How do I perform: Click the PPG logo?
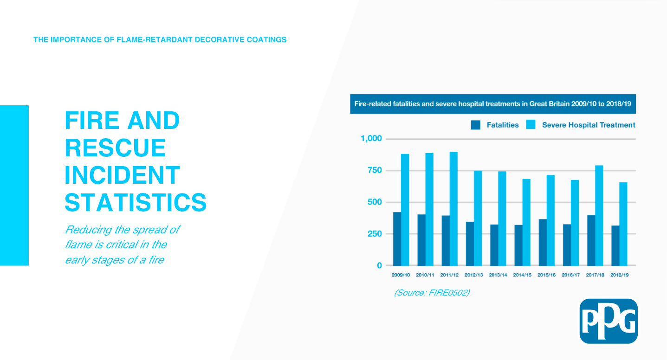[x=609, y=321]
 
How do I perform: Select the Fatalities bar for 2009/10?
[x=397, y=238]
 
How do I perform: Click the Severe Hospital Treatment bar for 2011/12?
[x=453, y=209]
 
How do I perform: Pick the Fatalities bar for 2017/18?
[x=591, y=240]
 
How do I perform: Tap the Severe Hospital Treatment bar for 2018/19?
[x=623, y=224]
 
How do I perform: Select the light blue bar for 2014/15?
[x=526, y=222]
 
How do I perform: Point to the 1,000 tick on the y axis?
[x=371, y=138]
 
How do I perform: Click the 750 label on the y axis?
[x=375, y=170]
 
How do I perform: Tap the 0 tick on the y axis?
[x=379, y=265]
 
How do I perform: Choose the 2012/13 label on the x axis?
[x=473, y=275]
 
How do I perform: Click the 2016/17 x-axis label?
[x=570, y=275]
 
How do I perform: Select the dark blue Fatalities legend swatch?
[x=476, y=125]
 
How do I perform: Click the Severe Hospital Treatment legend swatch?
[x=531, y=124]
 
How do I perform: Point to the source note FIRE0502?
[x=432, y=293]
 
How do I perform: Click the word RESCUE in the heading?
[x=115, y=148]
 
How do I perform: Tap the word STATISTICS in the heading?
[x=136, y=202]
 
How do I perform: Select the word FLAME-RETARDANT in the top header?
[x=155, y=39]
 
